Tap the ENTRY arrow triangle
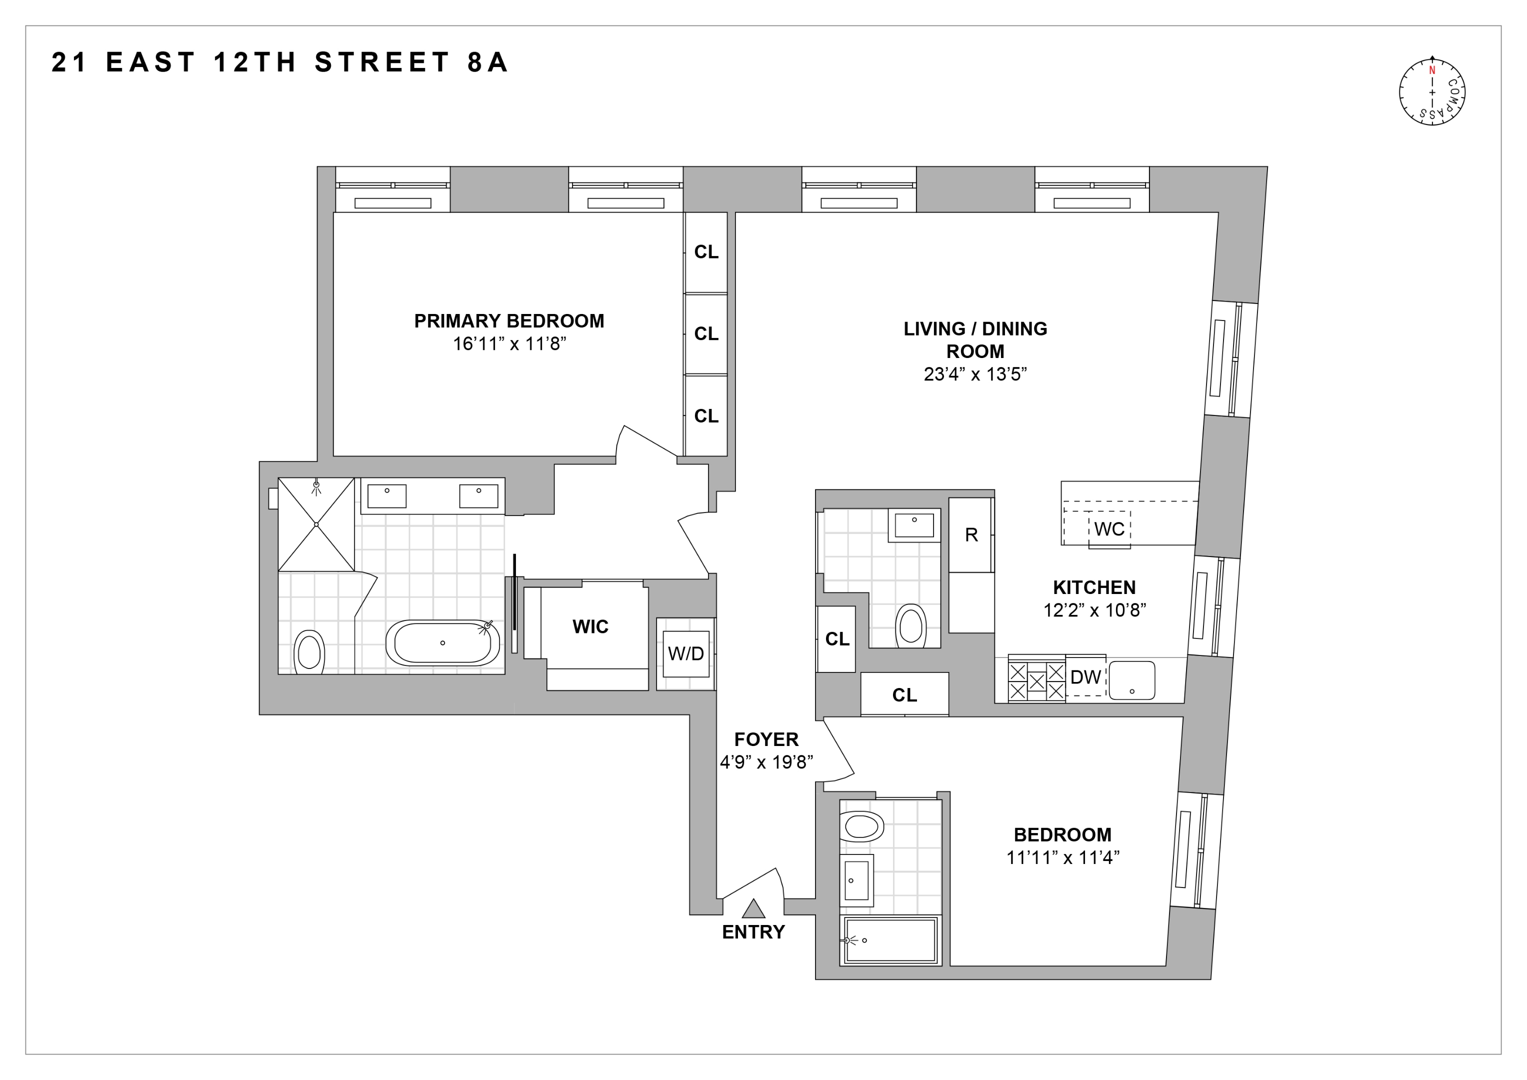point(753,909)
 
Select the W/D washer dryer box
point(685,653)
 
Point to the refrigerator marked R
point(971,534)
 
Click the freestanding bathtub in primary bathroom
point(442,643)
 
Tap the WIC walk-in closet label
point(590,626)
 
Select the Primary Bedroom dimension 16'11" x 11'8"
point(509,344)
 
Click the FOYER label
point(766,739)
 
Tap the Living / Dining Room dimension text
point(975,374)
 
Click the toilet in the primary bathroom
point(309,651)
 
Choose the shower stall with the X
point(316,524)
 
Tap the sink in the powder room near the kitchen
point(914,525)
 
